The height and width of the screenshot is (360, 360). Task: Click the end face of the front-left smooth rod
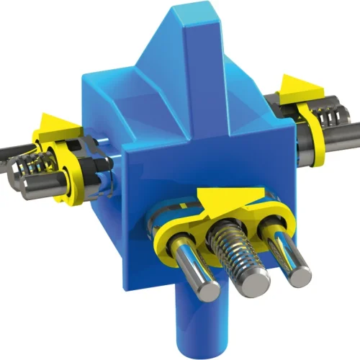coord(207,291)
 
